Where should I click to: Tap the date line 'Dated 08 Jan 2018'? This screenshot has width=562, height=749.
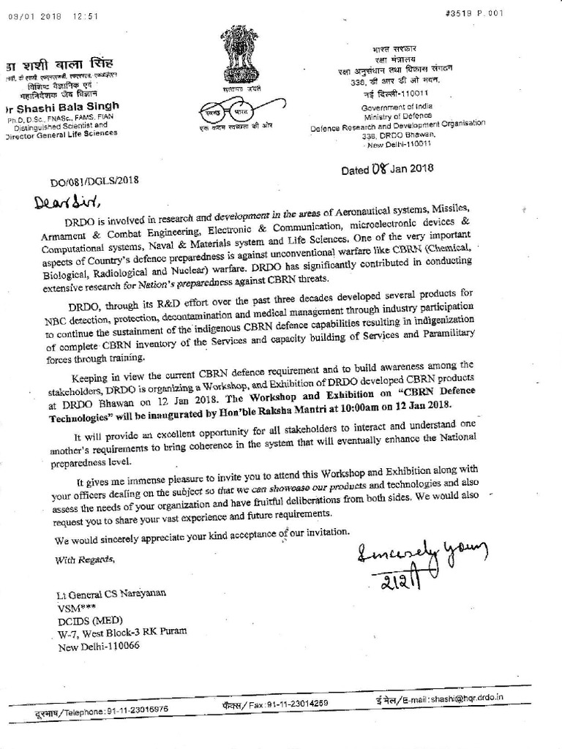click(x=388, y=168)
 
